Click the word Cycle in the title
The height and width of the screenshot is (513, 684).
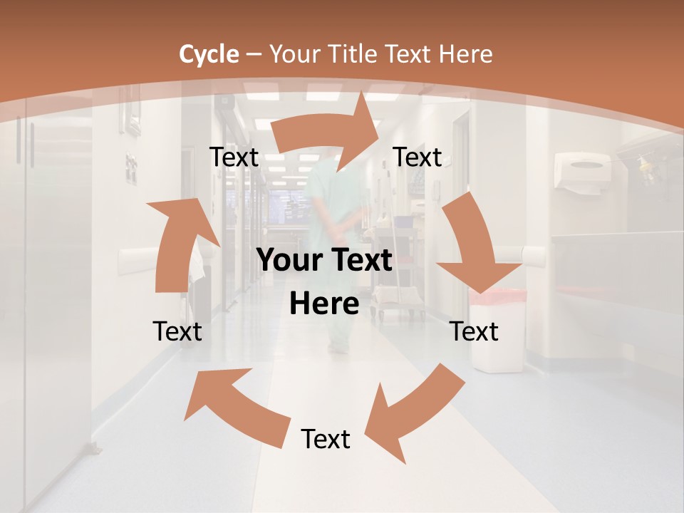point(209,54)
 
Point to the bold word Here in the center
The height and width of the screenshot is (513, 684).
point(324,304)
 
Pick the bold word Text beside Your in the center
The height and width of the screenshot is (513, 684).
point(360,261)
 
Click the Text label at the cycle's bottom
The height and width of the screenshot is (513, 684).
point(326,439)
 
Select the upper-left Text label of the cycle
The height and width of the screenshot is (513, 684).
point(234,157)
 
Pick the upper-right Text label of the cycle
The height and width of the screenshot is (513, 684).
point(418,157)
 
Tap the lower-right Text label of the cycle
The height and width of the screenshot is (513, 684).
point(475,331)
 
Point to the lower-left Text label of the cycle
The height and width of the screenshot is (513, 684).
point(177,331)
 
